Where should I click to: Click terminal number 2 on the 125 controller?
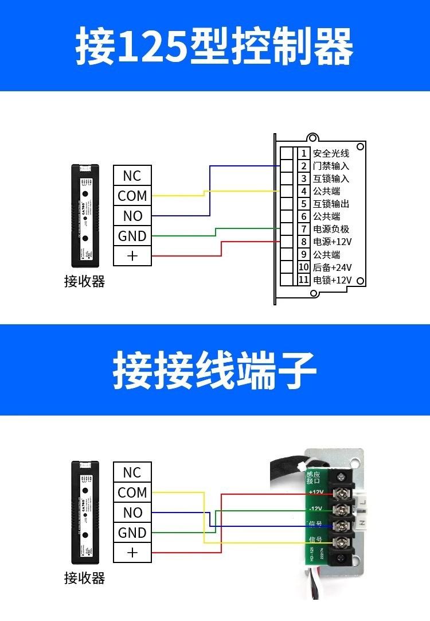304,166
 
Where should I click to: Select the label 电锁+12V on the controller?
332,280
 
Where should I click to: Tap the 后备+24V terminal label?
332,267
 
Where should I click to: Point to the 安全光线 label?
331,153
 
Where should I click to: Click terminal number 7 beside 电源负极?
304,229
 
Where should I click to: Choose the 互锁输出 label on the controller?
331,204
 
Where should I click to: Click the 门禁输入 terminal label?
331,166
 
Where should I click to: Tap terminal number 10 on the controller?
304,267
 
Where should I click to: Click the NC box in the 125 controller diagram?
132,176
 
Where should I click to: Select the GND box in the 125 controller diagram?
132,236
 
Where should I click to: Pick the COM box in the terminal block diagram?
132,492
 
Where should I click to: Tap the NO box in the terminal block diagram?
132,513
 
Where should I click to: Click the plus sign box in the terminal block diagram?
132,553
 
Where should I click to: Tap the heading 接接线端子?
214,370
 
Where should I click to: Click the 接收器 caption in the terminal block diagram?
84,578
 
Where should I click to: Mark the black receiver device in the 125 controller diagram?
85,216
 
